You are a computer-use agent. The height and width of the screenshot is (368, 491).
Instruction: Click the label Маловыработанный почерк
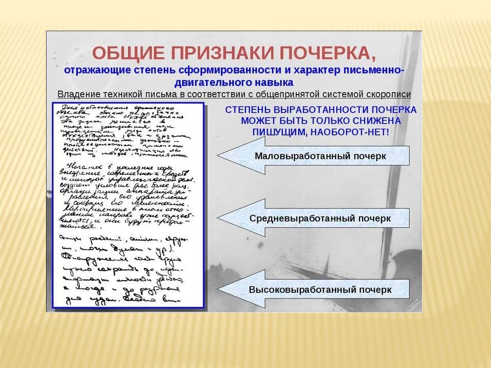(x=320, y=156)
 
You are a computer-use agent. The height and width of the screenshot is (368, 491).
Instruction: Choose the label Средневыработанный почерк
(x=320, y=218)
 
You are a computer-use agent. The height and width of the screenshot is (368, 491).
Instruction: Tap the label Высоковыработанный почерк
(x=320, y=289)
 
